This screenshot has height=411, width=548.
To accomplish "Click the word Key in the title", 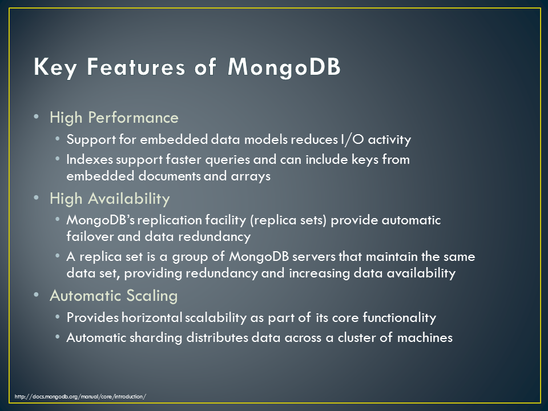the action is point(55,67).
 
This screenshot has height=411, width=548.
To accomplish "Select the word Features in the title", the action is point(136,66).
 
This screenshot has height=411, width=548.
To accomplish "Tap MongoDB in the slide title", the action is point(284,67).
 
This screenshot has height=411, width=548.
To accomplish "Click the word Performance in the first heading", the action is point(133,118).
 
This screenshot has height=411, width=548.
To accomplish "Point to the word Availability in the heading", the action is point(128,199).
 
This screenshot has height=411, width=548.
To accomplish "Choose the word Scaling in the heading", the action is point(152,296).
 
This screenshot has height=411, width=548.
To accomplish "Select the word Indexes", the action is point(90,159).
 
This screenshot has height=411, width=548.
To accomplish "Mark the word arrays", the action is point(251,176).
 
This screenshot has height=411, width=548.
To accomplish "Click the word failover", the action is point(90,236).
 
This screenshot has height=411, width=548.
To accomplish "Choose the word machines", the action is point(425,337).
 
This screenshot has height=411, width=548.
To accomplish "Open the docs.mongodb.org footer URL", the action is point(80,397).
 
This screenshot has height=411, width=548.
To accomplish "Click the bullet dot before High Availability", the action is point(37,198).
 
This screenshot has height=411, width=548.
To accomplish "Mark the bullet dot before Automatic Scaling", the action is point(37,295).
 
